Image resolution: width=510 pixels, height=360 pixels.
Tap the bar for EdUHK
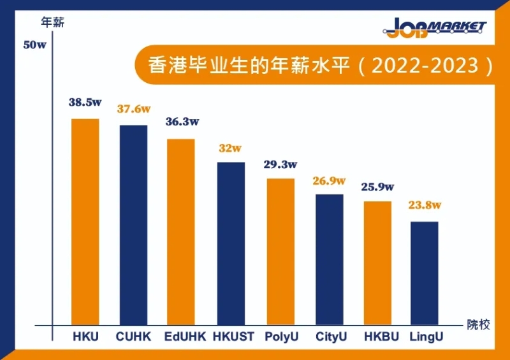(181, 232)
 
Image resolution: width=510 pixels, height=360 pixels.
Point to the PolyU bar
(280, 252)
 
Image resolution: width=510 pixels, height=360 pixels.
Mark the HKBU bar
(377, 263)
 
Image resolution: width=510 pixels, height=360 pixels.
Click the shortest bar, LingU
(425, 273)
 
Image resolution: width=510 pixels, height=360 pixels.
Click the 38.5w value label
(86, 102)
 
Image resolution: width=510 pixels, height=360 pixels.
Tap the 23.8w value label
(425, 205)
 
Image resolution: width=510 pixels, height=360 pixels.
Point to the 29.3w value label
(280, 164)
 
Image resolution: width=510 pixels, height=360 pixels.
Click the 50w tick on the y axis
(36, 45)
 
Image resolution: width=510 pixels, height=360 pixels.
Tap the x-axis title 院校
(479, 324)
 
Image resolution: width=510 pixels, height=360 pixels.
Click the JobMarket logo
(436, 27)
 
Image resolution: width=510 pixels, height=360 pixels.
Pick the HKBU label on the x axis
(381, 336)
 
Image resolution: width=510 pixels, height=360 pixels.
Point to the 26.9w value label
(329, 181)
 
